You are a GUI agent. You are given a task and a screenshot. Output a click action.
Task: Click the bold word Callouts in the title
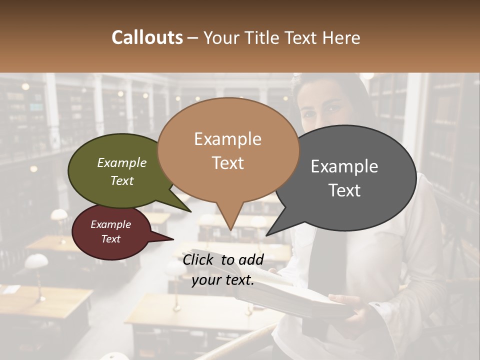147,37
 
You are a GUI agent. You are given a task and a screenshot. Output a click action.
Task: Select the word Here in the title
341,38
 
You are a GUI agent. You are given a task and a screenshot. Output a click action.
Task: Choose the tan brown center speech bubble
228,150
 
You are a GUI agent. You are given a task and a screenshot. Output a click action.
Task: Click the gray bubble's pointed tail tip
267,235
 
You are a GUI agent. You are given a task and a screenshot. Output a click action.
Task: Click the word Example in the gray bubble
344,166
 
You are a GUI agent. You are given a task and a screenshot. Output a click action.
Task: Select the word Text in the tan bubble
228,162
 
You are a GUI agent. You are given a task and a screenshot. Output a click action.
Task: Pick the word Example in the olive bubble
122,163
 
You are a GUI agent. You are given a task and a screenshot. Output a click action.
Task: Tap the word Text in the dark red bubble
111,239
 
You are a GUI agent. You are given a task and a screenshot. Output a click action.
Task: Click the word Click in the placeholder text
198,259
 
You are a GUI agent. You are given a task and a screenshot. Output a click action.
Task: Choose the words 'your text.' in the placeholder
223,280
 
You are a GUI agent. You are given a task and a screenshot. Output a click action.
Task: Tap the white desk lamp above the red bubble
59,215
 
